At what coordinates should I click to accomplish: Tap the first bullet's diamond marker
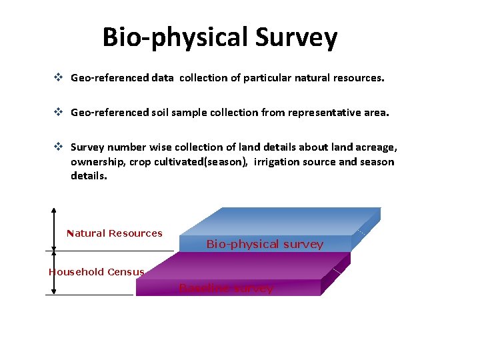coord(59,78)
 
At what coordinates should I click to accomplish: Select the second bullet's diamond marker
coord(59,113)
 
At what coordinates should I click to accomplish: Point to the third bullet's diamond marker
coord(59,147)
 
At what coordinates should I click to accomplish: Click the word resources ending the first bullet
coord(359,78)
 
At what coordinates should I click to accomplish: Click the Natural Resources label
coord(115,233)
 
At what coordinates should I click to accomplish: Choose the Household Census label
coord(96,272)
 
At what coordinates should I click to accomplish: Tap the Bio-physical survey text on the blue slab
coord(265,244)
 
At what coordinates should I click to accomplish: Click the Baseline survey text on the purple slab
coord(226,288)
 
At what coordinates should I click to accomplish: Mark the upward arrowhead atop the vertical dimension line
coord(54,211)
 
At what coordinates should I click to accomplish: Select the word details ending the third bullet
coord(88,177)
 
